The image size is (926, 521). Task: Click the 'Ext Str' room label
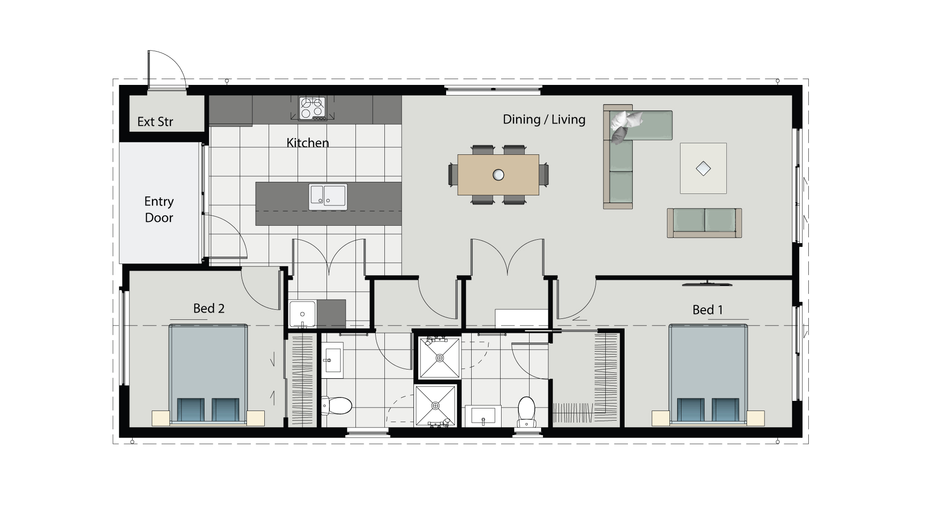click(x=155, y=122)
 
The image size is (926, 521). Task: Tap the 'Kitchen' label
click(x=307, y=143)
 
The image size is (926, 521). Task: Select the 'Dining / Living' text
click(x=544, y=120)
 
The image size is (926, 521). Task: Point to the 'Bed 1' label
click(x=708, y=310)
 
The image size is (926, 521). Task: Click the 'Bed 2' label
click(x=209, y=308)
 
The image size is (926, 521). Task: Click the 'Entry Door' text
click(x=159, y=209)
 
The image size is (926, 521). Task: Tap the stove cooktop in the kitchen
click(x=312, y=108)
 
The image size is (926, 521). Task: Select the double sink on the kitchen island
click(x=328, y=196)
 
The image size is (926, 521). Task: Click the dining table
click(x=498, y=175)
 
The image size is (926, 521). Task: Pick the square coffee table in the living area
click(x=703, y=168)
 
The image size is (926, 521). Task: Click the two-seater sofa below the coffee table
click(x=704, y=222)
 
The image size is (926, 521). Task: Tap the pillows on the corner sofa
click(x=625, y=124)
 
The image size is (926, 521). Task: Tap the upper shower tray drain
click(x=440, y=358)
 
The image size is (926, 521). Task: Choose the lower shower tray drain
click(x=436, y=406)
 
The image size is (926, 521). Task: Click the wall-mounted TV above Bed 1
click(x=707, y=284)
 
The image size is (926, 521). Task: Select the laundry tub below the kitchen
click(x=302, y=314)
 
